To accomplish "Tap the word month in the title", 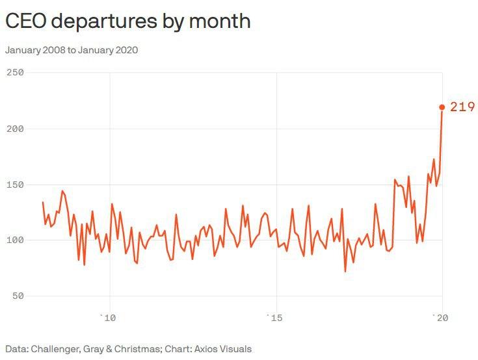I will pos(221,21).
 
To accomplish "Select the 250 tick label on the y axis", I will pos(15,72).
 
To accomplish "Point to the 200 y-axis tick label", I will pos(15,129).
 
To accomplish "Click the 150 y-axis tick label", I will pos(15,185).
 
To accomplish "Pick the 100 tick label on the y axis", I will pos(15,240).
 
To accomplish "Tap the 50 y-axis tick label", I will pos(18,296).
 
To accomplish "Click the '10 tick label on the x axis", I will pos(107,318).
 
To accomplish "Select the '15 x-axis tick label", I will pos(274,318).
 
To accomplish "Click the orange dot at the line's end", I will pos(442,107).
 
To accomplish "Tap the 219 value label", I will pos(462,107).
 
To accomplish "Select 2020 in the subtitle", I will pos(125,50).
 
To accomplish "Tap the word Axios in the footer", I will pos(204,349).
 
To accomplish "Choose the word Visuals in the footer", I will pos(235,349).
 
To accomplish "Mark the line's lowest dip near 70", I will pos(345,271).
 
